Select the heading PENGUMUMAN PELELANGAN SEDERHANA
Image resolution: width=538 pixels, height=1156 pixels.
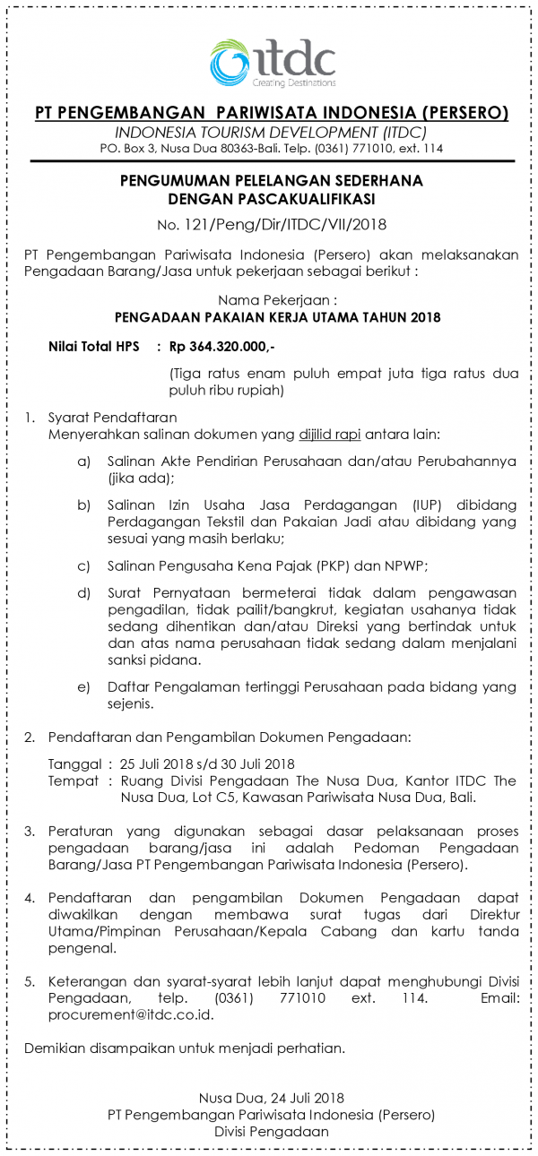tap(272, 180)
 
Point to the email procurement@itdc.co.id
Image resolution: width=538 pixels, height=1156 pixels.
tap(119, 1015)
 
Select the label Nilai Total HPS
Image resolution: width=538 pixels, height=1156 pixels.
tap(88, 345)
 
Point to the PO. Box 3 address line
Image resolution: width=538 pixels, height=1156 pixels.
tap(272, 148)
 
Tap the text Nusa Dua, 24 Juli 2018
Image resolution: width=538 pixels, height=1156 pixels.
tap(272, 1098)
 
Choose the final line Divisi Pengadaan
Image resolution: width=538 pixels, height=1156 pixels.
tap(272, 1132)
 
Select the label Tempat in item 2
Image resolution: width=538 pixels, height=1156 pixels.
tap(73, 781)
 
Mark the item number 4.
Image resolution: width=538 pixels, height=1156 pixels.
tap(30, 898)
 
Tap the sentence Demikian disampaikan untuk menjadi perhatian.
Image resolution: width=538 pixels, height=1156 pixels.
tap(185, 1048)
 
